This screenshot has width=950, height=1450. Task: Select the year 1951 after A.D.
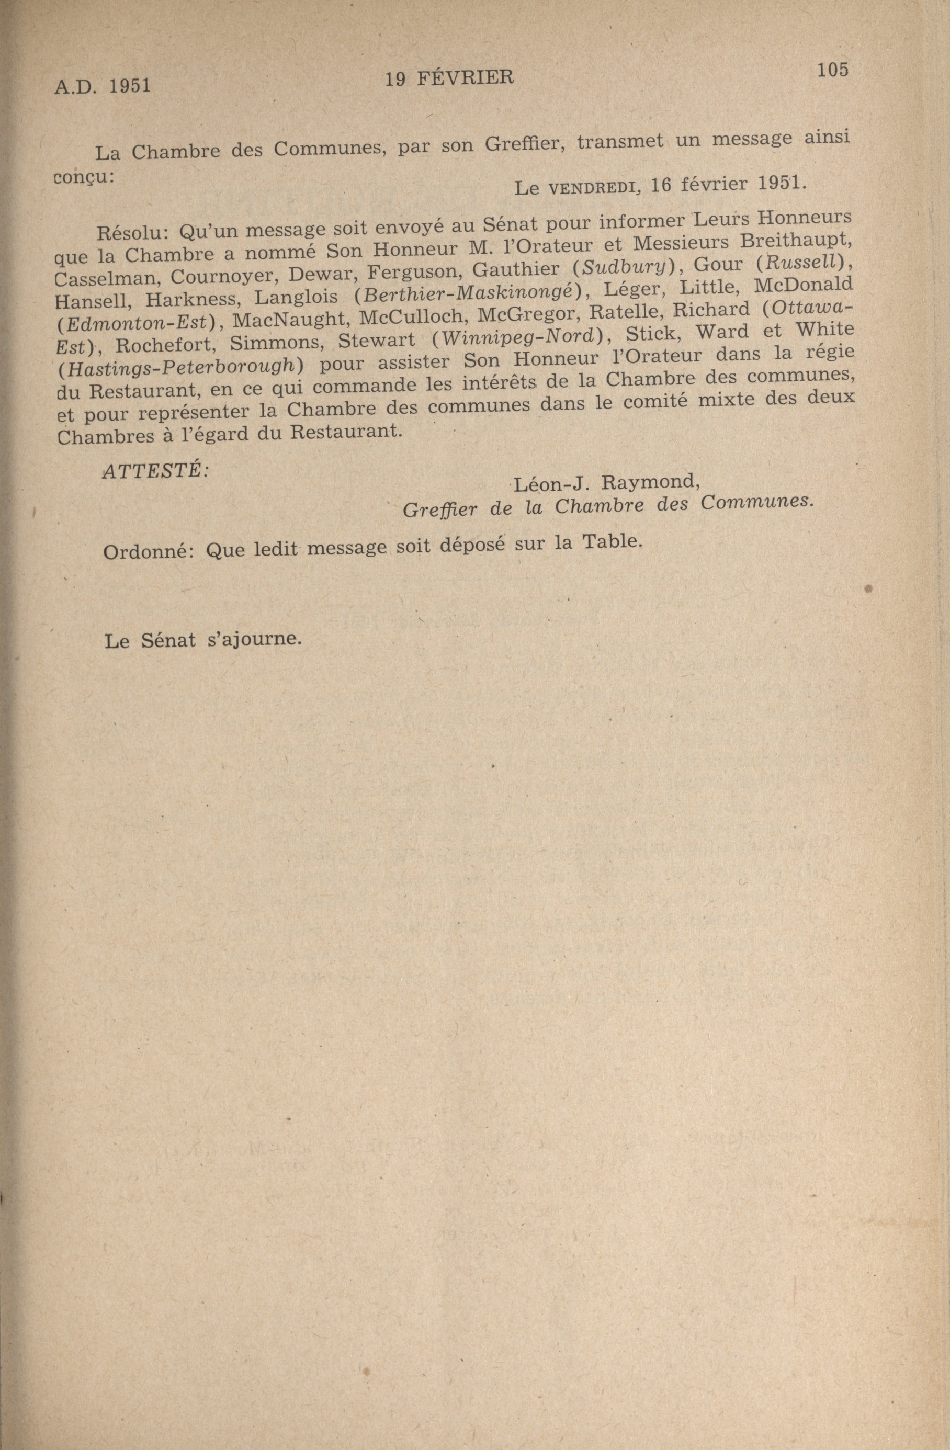click(130, 86)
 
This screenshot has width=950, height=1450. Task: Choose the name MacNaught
click(287, 319)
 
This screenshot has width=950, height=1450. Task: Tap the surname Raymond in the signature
click(650, 482)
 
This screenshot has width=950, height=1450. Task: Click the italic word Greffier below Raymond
click(440, 509)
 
